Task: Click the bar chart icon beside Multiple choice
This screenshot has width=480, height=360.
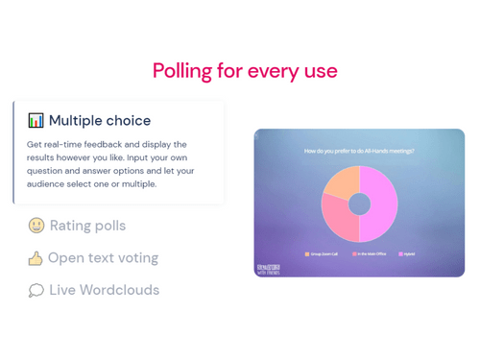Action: tap(36, 121)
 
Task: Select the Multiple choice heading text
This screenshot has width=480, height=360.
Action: tap(100, 121)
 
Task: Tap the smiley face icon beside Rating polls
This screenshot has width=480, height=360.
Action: tap(36, 226)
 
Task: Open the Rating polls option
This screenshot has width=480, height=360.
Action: tap(87, 226)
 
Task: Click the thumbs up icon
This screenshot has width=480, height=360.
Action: tap(36, 258)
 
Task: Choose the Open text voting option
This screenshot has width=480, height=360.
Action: tap(104, 258)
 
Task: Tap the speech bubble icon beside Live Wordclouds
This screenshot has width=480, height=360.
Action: tap(36, 290)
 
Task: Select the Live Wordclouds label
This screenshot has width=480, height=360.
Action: tap(105, 290)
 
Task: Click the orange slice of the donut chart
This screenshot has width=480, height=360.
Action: tap(341, 182)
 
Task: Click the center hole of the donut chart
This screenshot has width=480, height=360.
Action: tap(359, 204)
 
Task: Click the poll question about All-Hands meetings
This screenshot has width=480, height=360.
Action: tap(359, 151)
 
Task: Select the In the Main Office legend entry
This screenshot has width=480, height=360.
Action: tap(371, 254)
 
